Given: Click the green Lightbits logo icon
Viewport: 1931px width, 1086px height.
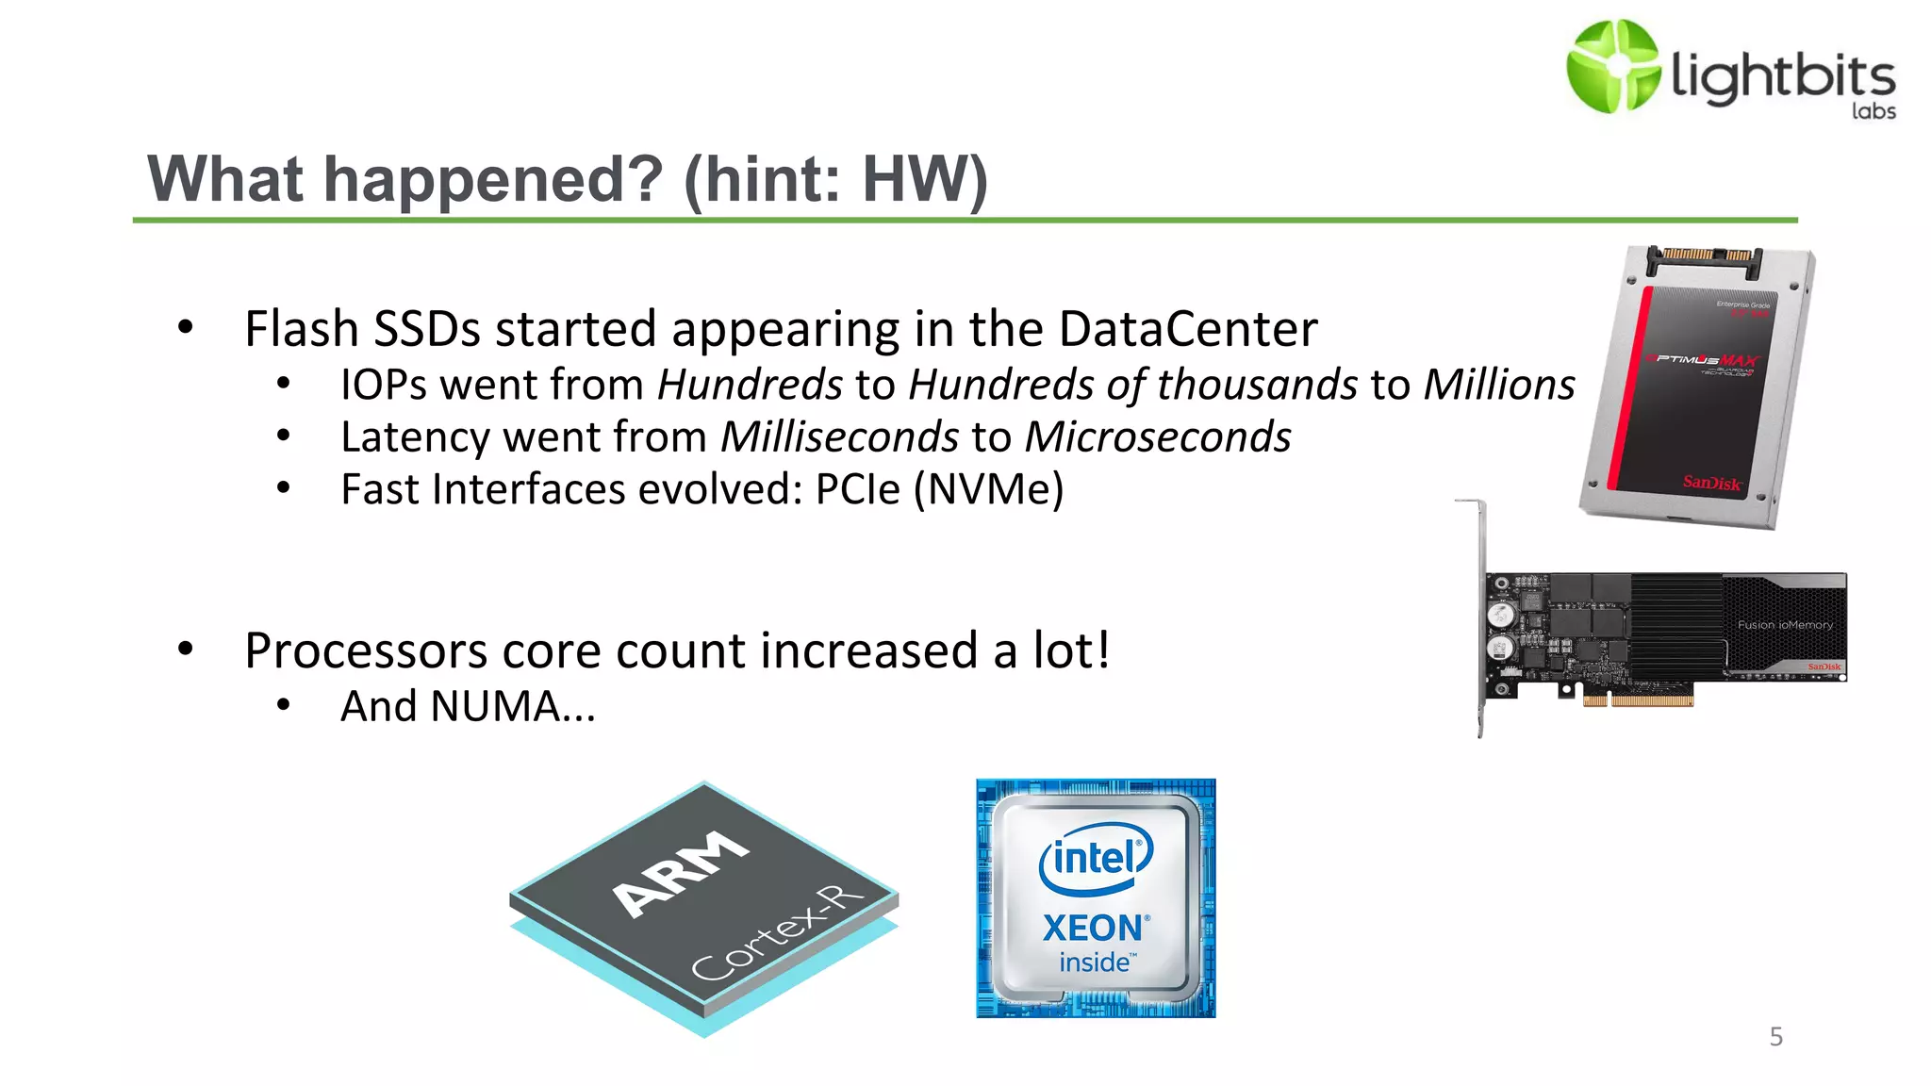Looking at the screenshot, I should point(1612,67).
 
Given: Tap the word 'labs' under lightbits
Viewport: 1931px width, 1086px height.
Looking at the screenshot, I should point(1873,111).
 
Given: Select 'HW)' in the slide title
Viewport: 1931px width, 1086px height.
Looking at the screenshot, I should point(925,179).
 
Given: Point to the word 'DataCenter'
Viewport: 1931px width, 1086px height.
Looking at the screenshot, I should point(1187,329).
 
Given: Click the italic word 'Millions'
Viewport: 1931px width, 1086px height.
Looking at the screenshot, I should point(1499,385).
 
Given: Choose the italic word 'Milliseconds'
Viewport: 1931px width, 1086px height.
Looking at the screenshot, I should point(839,437).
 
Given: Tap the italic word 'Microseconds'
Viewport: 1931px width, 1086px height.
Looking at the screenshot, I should point(1158,437).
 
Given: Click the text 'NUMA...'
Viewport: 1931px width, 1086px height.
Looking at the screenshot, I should point(513,706).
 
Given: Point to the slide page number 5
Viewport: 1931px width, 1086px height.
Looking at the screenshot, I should point(1775,1037).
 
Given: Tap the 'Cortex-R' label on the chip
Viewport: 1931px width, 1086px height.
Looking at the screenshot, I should point(777,933).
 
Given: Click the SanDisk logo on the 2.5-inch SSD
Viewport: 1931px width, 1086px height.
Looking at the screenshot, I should point(1711,483).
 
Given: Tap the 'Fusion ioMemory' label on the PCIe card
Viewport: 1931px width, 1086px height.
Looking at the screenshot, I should point(1785,625).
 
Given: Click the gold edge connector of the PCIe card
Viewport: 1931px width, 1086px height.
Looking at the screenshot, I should point(1638,700).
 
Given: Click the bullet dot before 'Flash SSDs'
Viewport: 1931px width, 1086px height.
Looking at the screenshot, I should point(186,328).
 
